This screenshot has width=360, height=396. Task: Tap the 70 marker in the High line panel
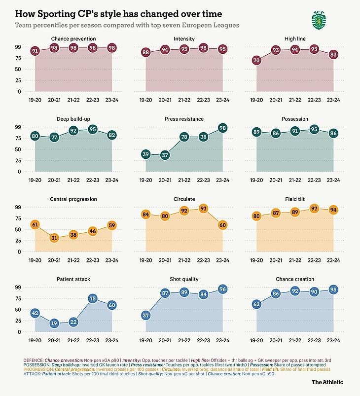(x=256, y=60)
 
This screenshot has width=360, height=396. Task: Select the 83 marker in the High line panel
(x=333, y=54)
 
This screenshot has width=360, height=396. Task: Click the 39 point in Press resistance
(x=145, y=154)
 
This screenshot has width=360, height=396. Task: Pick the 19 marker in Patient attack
(x=54, y=324)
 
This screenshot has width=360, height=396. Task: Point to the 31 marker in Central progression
(x=54, y=238)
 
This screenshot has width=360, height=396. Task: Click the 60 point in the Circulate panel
(x=223, y=225)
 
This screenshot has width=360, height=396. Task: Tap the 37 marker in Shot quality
(x=145, y=316)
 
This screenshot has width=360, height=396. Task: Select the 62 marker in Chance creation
(x=256, y=304)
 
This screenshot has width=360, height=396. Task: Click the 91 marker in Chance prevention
(x=35, y=51)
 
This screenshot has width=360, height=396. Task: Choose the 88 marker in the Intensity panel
(x=145, y=52)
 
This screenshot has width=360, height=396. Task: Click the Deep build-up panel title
(x=73, y=119)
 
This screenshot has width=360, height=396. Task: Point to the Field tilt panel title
(x=295, y=199)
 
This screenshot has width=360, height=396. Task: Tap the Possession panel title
(x=295, y=119)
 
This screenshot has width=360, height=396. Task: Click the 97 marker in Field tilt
(x=314, y=209)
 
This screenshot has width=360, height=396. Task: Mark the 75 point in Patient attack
(x=93, y=298)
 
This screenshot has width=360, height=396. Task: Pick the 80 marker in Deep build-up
(x=35, y=136)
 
